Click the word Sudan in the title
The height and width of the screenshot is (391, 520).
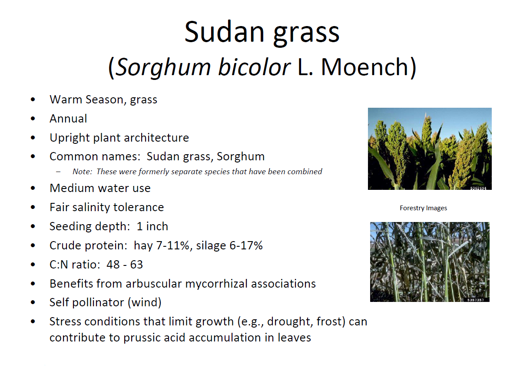225,32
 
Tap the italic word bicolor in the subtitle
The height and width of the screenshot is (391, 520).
254,67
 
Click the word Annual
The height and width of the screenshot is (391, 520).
68,119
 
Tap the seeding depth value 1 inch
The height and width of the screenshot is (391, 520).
152,226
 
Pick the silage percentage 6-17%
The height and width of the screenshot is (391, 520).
246,245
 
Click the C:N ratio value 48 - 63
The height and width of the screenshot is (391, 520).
125,264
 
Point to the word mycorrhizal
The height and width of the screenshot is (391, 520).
216,284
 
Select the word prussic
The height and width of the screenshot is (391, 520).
141,338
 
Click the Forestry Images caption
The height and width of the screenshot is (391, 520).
423,208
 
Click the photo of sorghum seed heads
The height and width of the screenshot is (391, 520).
430,149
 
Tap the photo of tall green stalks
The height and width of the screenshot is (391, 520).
430,262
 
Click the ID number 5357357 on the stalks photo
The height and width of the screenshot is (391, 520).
476,300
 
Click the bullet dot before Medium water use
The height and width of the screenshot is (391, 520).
33,188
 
